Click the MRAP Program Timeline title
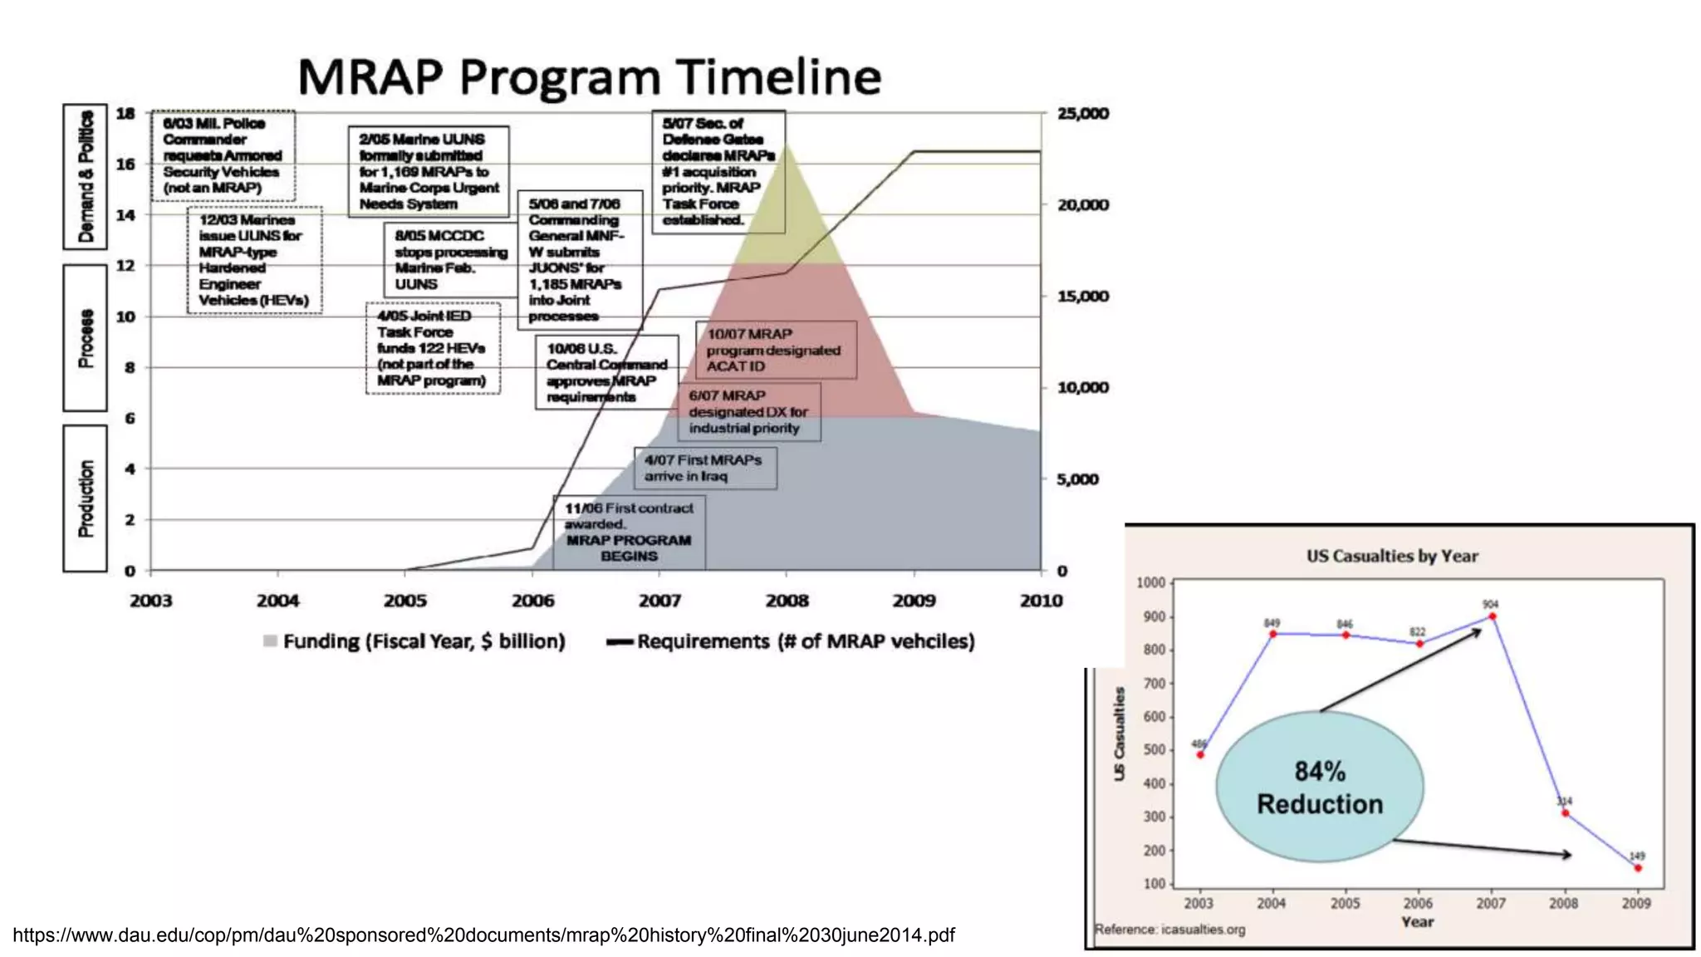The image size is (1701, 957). [589, 77]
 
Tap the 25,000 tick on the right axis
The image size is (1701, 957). [1082, 114]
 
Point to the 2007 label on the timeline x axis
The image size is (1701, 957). [659, 601]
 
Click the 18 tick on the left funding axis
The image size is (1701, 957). [125, 114]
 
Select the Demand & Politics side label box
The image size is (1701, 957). [85, 177]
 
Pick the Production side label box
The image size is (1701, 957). [85, 498]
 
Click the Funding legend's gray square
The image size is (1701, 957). [270, 641]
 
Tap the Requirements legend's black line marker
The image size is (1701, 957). [620, 642]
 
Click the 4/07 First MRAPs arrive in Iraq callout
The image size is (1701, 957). [705, 469]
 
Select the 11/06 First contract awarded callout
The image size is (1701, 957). [629, 532]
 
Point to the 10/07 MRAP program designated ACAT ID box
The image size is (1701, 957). [775, 351]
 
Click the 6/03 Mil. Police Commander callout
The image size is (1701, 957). [223, 155]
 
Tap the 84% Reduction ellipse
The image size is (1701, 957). [1319, 787]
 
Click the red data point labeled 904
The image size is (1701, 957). [1492, 616]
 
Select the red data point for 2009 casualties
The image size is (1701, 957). [1637, 868]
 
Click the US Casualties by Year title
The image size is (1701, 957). [1392, 557]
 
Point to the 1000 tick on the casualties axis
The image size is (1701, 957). [1150, 583]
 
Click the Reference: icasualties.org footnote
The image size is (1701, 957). [1169, 930]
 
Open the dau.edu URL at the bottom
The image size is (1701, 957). [483, 935]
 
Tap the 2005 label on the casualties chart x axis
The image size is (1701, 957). [1345, 904]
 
